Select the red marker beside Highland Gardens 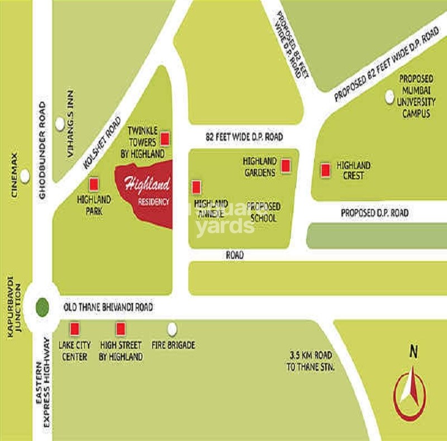point(286,166)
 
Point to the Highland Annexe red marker point(196,187)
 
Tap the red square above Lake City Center point(74,328)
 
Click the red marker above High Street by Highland point(120,328)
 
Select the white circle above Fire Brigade point(172,329)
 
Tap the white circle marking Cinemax point(25,176)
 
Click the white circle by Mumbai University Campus point(390,97)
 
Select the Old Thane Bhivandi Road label point(108,307)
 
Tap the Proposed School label point(263,212)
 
